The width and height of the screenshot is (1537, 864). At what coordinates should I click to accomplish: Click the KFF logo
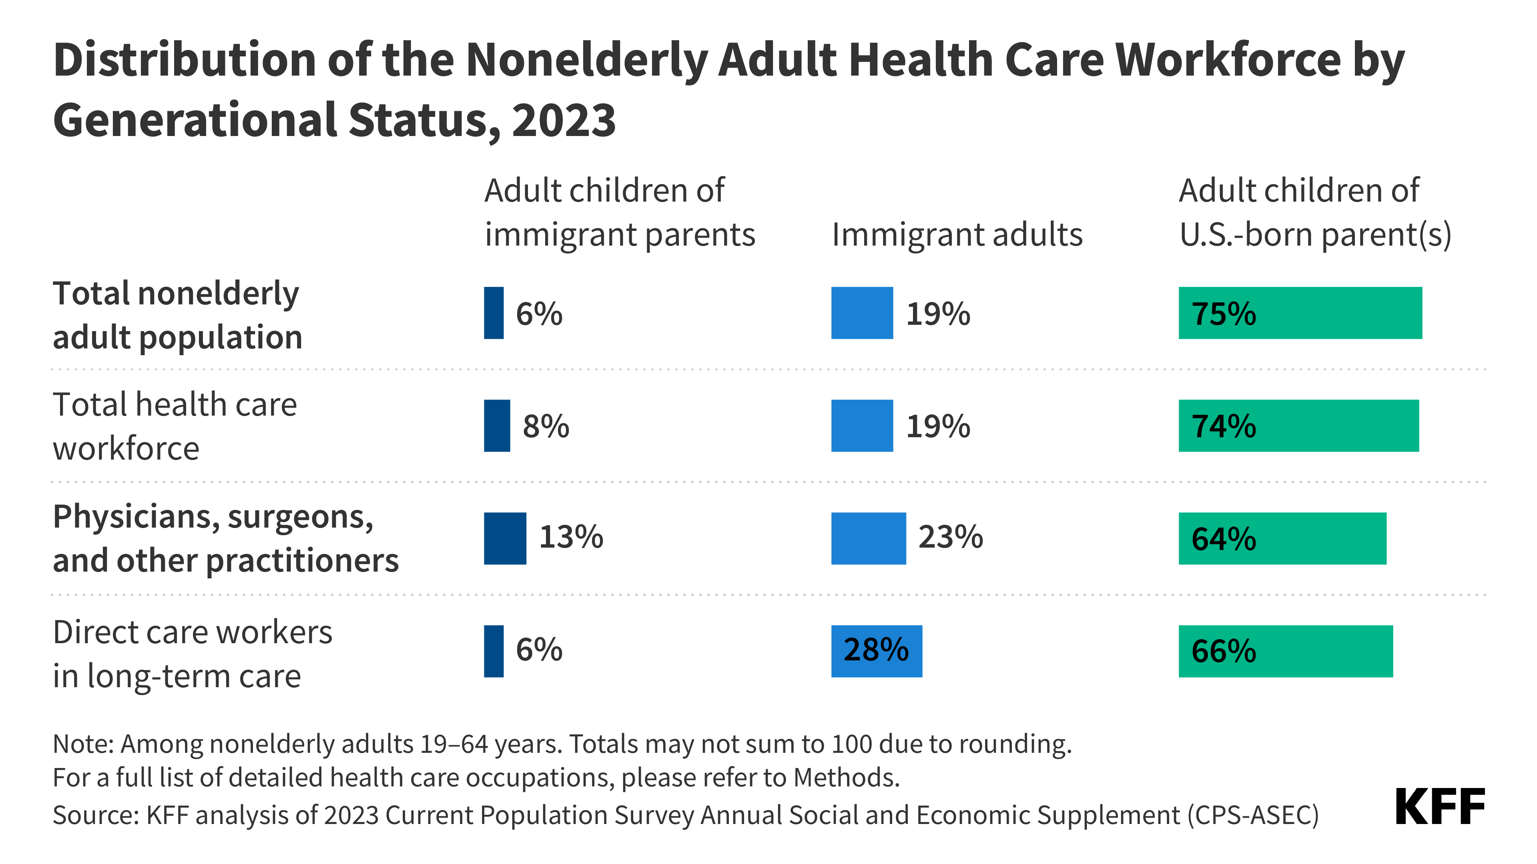click(1439, 807)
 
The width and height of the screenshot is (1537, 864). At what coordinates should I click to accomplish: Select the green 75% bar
click(1300, 313)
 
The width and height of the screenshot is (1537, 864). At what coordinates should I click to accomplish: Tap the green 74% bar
click(1298, 426)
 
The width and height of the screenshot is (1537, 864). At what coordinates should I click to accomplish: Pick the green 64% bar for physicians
click(1282, 538)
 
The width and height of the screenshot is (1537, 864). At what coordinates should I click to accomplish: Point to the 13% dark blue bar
click(505, 538)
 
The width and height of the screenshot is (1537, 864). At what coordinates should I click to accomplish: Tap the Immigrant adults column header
click(957, 234)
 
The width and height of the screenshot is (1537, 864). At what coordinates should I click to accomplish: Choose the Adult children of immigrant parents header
click(619, 212)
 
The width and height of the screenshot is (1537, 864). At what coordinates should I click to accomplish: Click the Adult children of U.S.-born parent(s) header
click(1314, 212)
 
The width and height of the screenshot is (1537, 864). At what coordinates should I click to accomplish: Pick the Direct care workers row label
click(192, 654)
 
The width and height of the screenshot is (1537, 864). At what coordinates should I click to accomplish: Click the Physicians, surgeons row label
click(225, 538)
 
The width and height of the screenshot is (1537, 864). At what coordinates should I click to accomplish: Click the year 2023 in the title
click(563, 120)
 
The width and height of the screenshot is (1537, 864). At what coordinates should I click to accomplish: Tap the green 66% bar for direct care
click(1285, 651)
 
